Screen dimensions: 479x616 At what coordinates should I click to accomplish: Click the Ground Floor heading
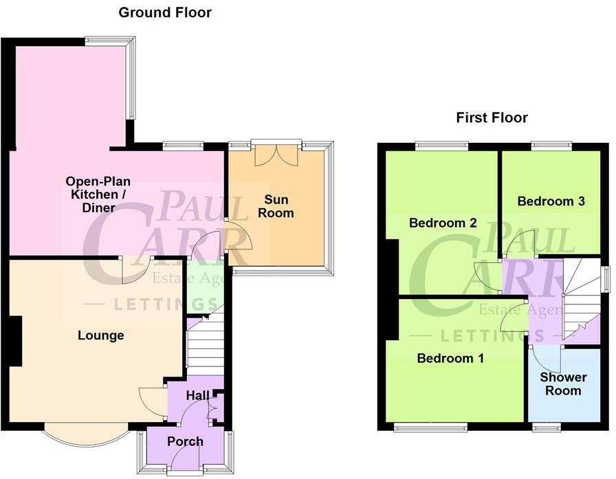(165, 12)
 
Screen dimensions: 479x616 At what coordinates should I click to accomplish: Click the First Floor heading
(492, 118)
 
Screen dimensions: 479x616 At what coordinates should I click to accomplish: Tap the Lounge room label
(100, 335)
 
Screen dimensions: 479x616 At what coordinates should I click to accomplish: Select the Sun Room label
(278, 206)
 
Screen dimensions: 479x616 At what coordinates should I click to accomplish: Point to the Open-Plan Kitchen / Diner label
(98, 194)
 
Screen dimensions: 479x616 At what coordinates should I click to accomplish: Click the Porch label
(185, 441)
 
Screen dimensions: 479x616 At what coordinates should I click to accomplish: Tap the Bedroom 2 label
(443, 223)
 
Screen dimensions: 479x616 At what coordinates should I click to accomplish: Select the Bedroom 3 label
(551, 201)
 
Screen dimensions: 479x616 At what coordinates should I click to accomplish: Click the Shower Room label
(563, 384)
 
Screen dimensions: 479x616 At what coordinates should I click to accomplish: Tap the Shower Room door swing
(547, 359)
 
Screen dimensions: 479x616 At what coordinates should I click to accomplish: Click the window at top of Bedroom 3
(551, 145)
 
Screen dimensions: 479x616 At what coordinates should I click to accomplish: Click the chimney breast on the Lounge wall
(15, 341)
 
